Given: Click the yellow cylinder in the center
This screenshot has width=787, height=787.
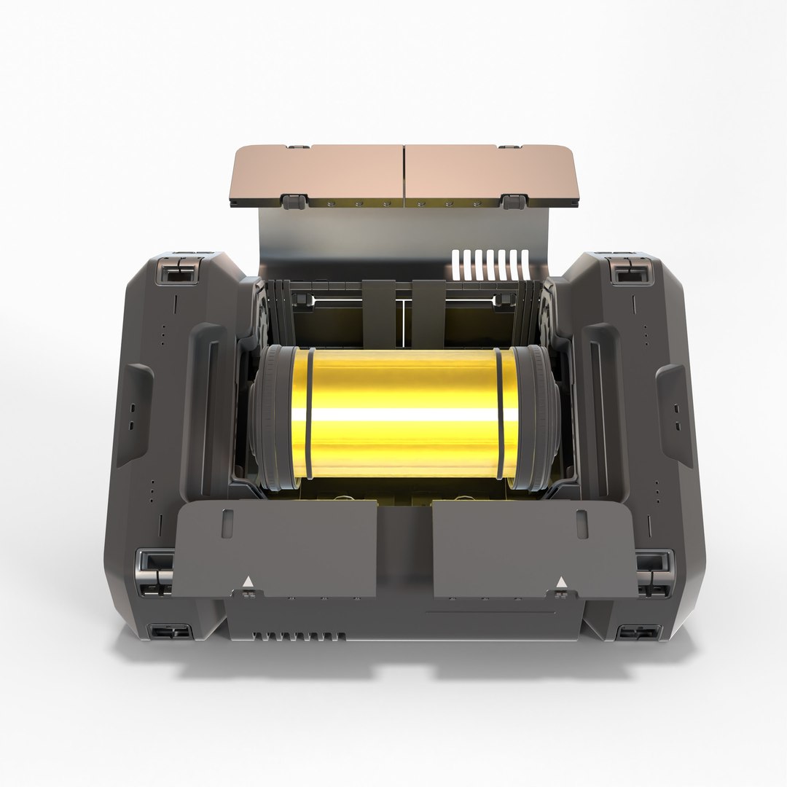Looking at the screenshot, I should point(404,414).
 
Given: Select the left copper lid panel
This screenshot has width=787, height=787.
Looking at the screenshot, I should point(319,173).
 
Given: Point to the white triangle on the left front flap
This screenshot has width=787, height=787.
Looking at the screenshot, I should point(249,582).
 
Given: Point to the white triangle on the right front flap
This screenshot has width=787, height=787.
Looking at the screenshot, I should point(561,582).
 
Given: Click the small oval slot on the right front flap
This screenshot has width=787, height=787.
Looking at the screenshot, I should point(582,523).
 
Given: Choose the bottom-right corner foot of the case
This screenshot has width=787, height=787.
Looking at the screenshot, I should point(638,631).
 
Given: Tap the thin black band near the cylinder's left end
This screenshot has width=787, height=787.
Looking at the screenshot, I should point(310,414).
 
